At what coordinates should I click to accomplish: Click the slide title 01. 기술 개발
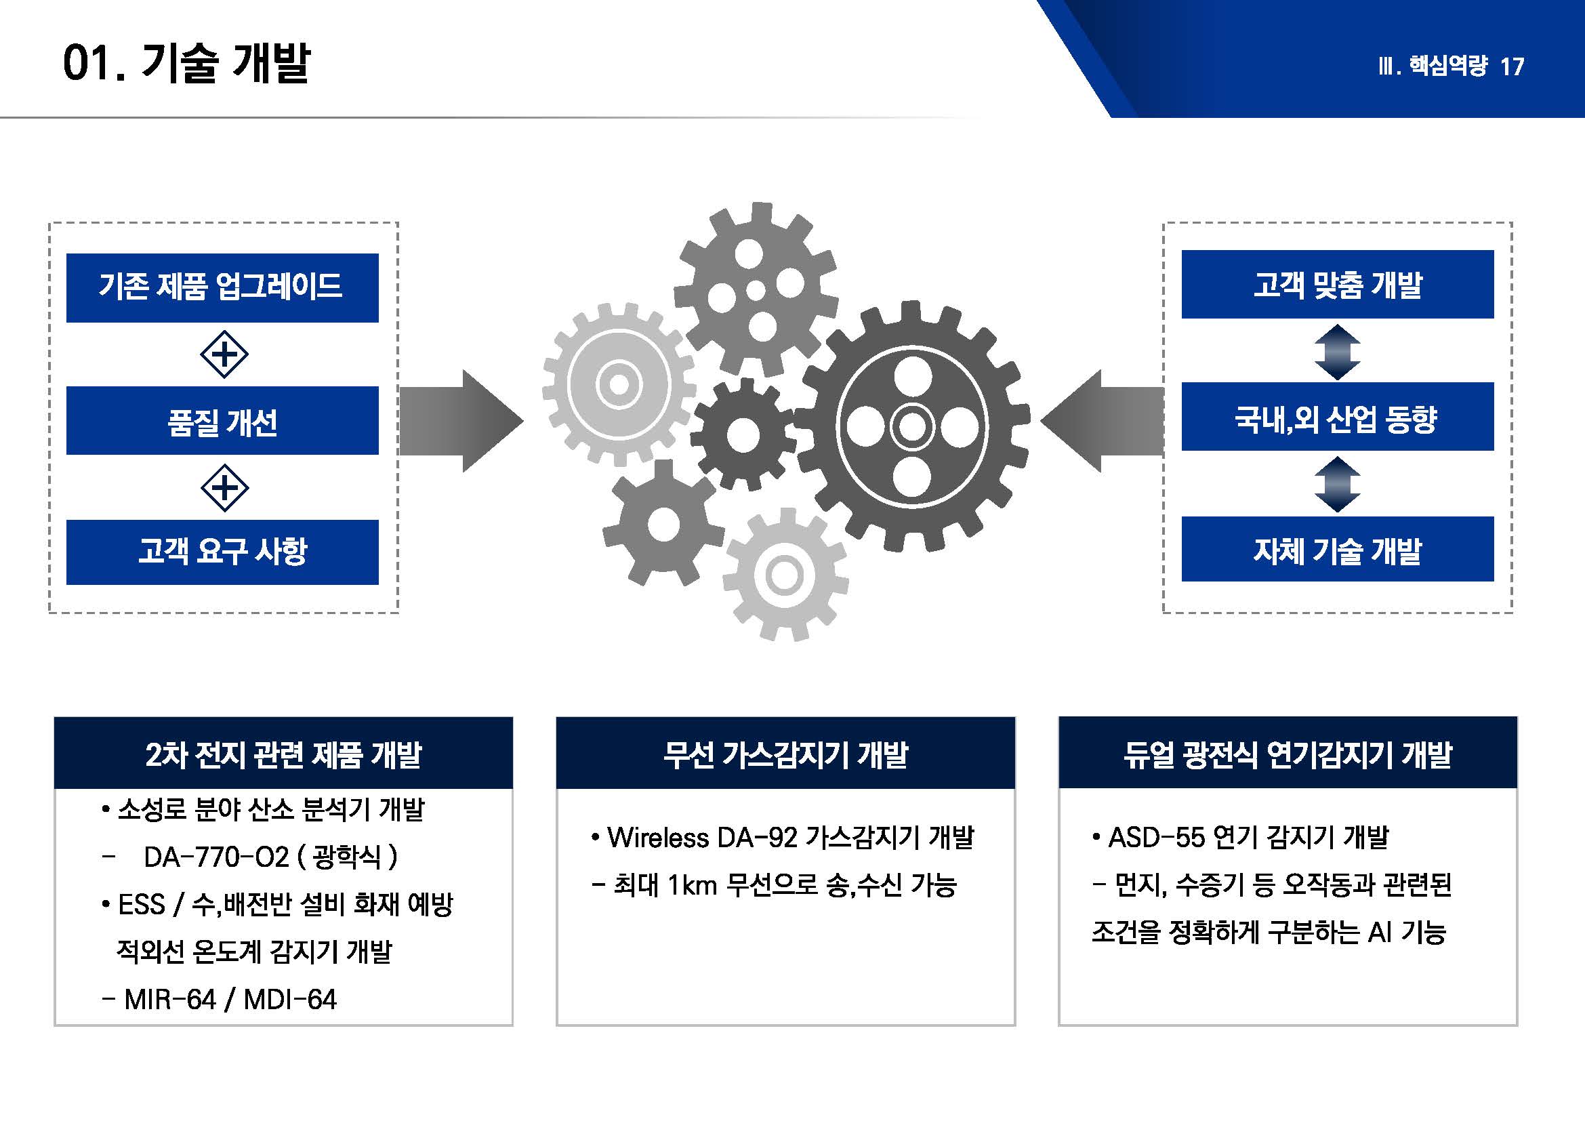pos(186,64)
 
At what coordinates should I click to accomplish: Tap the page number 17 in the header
pos(1512,67)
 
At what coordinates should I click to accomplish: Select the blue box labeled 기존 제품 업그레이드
pos(222,287)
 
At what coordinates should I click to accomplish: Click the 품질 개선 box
pos(222,420)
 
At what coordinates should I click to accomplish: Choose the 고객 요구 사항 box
pos(222,552)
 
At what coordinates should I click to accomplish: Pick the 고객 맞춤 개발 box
pos(1338,285)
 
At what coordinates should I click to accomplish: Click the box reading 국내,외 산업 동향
pos(1338,417)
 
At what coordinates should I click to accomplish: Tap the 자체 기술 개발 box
pos(1338,549)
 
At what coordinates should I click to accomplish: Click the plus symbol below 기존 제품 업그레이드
pos(224,354)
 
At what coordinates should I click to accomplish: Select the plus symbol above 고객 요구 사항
pos(224,488)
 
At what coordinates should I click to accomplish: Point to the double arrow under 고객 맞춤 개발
pos(1337,352)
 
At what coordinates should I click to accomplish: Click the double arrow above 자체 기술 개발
pos(1337,485)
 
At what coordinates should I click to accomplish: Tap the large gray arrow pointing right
pos(461,421)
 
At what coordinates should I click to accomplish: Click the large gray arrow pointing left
pos(1103,421)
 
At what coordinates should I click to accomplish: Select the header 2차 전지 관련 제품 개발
pos(284,753)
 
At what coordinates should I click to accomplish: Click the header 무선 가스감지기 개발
pos(785,753)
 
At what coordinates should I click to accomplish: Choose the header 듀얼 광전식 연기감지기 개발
pos(1288,753)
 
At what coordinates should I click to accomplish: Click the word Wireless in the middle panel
pos(659,838)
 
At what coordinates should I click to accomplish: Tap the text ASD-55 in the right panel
pos(1156,838)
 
